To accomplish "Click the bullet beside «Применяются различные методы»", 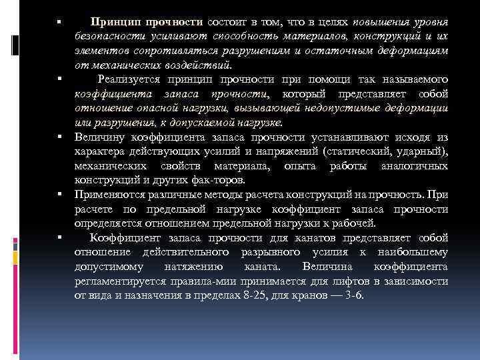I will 59,195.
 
